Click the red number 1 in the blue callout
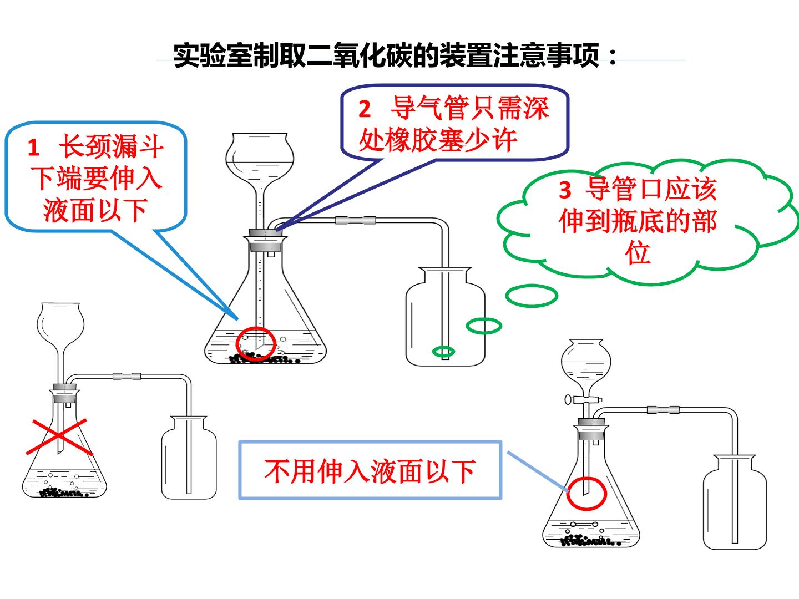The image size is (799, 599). pyautogui.click(x=33, y=148)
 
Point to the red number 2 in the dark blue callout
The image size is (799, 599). pyautogui.click(x=365, y=109)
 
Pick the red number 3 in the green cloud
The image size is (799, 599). pyautogui.click(x=565, y=190)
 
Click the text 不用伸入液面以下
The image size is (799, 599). pyautogui.click(x=370, y=471)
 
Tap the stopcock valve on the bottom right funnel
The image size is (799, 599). pyautogui.click(x=583, y=400)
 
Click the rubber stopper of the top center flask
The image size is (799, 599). pyautogui.click(x=265, y=240)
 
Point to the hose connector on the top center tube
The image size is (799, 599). pyautogui.click(x=356, y=220)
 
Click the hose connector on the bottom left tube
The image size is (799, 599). pyautogui.click(x=127, y=377)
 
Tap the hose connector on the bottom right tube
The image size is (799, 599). pyautogui.click(x=663, y=410)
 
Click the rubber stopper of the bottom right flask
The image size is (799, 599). pyautogui.click(x=593, y=429)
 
